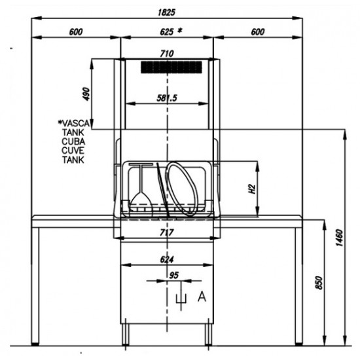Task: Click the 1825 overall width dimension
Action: [167, 12]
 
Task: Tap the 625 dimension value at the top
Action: [167, 31]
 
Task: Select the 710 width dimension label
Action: [167, 54]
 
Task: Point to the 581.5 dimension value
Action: [167, 98]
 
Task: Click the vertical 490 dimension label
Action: [86, 94]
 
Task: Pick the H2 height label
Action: [252, 189]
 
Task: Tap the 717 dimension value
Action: [167, 232]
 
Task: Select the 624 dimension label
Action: [167, 259]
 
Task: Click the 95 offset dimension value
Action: [173, 276]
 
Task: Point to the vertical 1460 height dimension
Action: [339, 238]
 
